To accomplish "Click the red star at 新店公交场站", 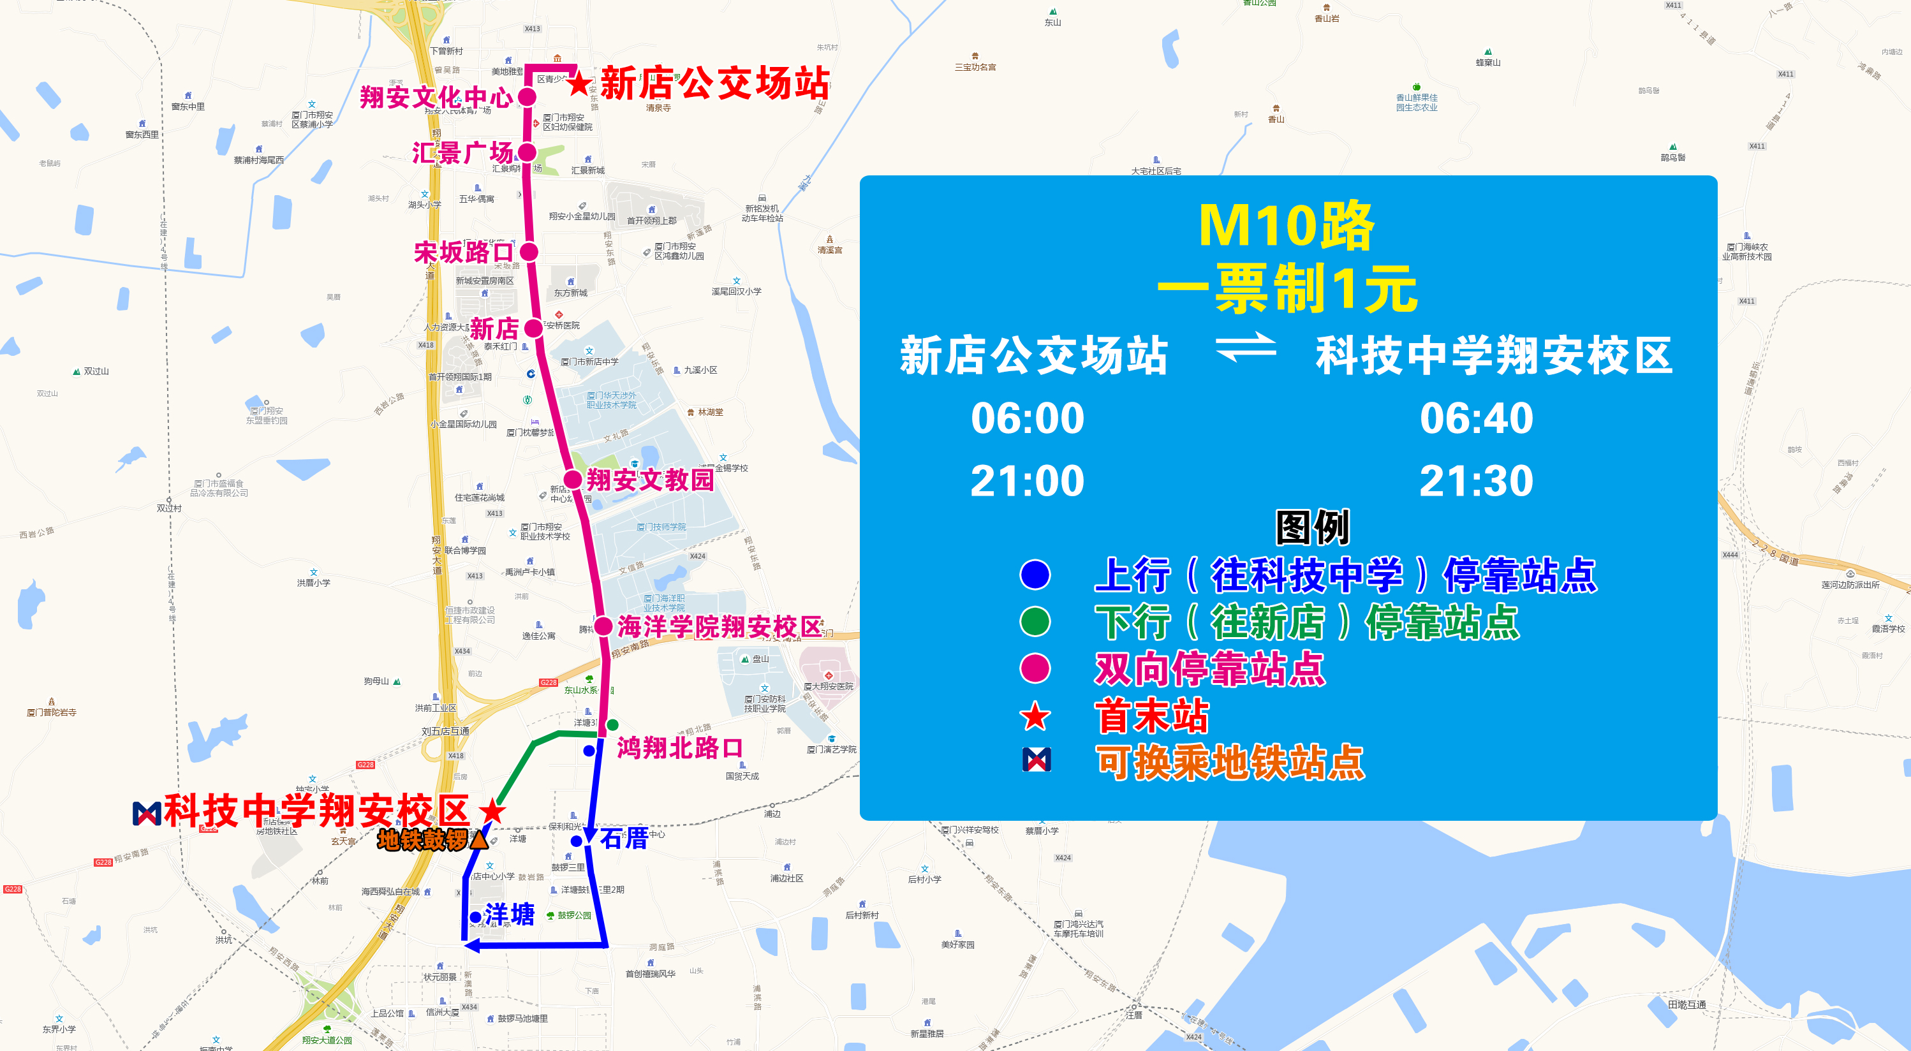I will click(579, 83).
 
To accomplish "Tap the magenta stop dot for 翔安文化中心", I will click(527, 96).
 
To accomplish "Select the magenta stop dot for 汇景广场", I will click(527, 152).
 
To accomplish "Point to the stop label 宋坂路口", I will click(463, 252).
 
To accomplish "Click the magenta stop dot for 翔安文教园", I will click(572, 479).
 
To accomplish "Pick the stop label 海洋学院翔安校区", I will click(719, 627).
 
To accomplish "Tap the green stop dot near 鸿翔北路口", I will click(612, 724).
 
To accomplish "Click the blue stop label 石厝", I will click(623, 838).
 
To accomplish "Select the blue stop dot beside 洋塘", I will click(475, 916).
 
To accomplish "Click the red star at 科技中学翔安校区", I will click(491, 811).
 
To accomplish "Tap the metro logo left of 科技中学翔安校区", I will click(146, 813).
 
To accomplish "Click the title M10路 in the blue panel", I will click(1287, 224).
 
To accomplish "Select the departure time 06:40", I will click(1475, 418).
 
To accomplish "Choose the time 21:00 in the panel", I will click(1027, 481).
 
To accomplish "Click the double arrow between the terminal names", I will click(1246, 347).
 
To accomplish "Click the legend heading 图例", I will click(1311, 527).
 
